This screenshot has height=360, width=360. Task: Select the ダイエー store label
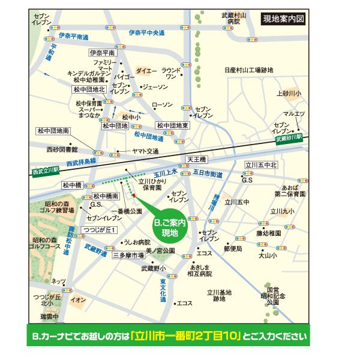point(146,71)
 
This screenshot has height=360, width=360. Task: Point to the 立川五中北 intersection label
point(260,164)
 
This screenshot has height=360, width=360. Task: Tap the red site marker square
point(134,195)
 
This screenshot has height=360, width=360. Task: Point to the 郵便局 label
point(232,248)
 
